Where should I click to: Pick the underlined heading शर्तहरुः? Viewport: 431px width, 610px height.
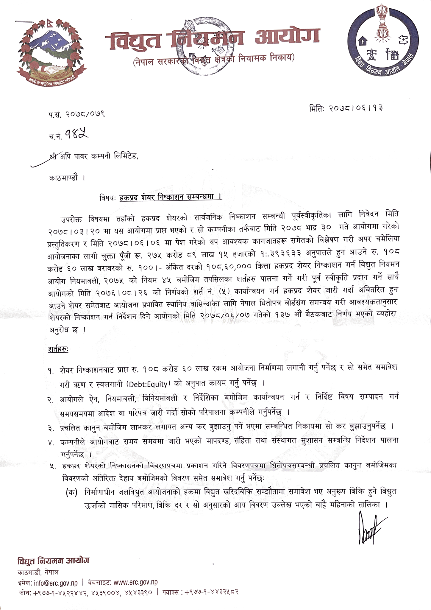[x=58, y=349]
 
